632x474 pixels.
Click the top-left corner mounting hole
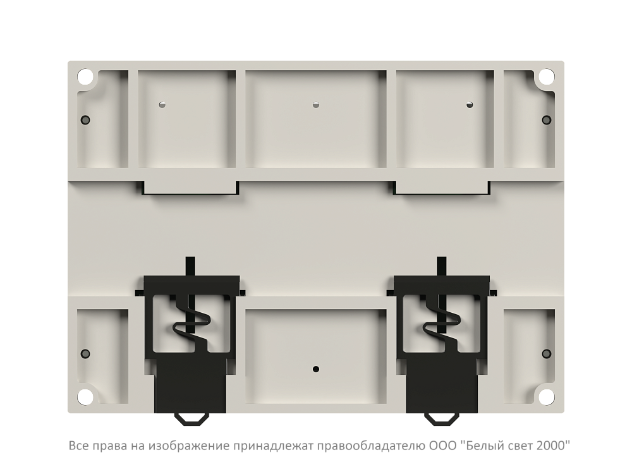[x=85, y=76]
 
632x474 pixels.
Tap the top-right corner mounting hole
[x=546, y=76]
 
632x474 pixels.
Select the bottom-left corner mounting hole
[x=85, y=396]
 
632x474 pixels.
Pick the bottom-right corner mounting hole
[x=546, y=396]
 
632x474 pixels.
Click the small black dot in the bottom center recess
[x=316, y=369]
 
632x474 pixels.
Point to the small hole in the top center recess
[x=316, y=105]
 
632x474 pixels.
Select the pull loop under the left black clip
[x=191, y=419]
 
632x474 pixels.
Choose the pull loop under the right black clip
[x=442, y=419]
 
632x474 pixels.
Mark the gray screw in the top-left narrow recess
[x=85, y=119]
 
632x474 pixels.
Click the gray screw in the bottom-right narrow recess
[x=546, y=354]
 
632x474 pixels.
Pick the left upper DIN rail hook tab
[x=190, y=188]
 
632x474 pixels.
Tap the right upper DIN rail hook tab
[x=442, y=188]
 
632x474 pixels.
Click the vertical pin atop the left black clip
[x=190, y=267]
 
